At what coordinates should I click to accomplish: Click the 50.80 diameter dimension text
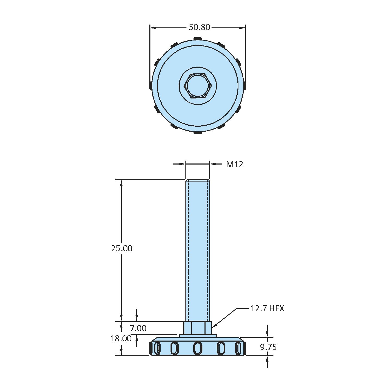pyautogui.click(x=200, y=27)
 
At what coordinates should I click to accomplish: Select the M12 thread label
pyautogui.click(x=234, y=164)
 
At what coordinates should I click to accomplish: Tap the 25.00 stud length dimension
pyautogui.click(x=122, y=248)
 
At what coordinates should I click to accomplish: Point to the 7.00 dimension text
pyautogui.click(x=138, y=328)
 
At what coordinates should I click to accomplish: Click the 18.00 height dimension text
pyautogui.click(x=121, y=339)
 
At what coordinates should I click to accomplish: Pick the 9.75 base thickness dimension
pyautogui.click(x=268, y=347)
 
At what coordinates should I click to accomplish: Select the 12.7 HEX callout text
pyautogui.click(x=267, y=308)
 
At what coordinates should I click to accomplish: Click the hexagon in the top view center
pyautogui.click(x=198, y=86)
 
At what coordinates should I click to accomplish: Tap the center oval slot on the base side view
pyautogui.click(x=198, y=348)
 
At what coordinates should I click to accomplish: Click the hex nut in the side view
pyautogui.click(x=198, y=328)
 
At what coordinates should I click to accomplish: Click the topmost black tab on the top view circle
pyautogui.click(x=198, y=39)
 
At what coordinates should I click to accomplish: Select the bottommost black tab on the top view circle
pyautogui.click(x=198, y=133)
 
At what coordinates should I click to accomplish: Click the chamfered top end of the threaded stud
pyautogui.click(x=198, y=180)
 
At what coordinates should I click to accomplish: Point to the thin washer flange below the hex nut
pyautogui.click(x=198, y=336)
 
